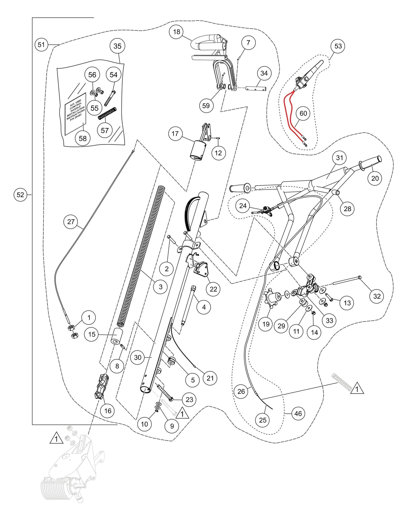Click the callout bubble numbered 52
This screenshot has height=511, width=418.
(20, 195)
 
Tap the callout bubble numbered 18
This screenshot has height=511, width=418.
(176, 32)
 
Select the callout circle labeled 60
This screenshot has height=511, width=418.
(303, 113)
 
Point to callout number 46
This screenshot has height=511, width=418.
(298, 413)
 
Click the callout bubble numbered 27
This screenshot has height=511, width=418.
(71, 222)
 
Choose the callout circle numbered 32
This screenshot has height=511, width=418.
(377, 296)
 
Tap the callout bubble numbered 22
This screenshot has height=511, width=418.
(213, 289)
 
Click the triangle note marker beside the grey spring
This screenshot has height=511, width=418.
(357, 389)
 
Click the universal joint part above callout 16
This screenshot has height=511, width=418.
(101, 386)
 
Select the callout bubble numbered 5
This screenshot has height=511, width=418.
(193, 380)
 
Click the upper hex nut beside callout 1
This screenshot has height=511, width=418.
(71, 328)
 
